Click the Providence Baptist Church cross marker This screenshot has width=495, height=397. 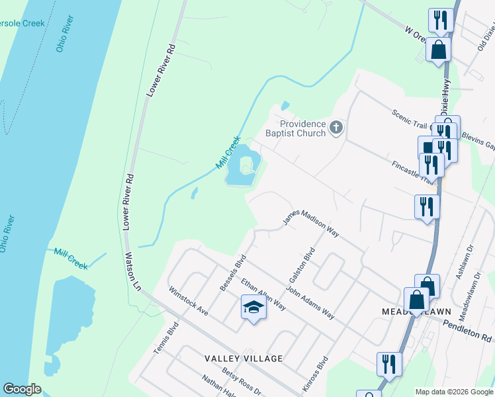tap(336, 126)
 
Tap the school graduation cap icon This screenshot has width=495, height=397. tap(253, 307)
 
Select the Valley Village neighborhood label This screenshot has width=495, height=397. tap(244, 359)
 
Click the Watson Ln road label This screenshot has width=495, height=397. tap(133, 271)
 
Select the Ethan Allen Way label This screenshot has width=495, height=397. tap(263, 294)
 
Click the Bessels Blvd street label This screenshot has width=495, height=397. tap(232, 272)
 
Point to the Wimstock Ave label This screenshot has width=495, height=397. tap(189, 300)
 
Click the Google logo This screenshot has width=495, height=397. tap(22, 389)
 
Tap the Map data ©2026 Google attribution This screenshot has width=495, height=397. tap(454, 392)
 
